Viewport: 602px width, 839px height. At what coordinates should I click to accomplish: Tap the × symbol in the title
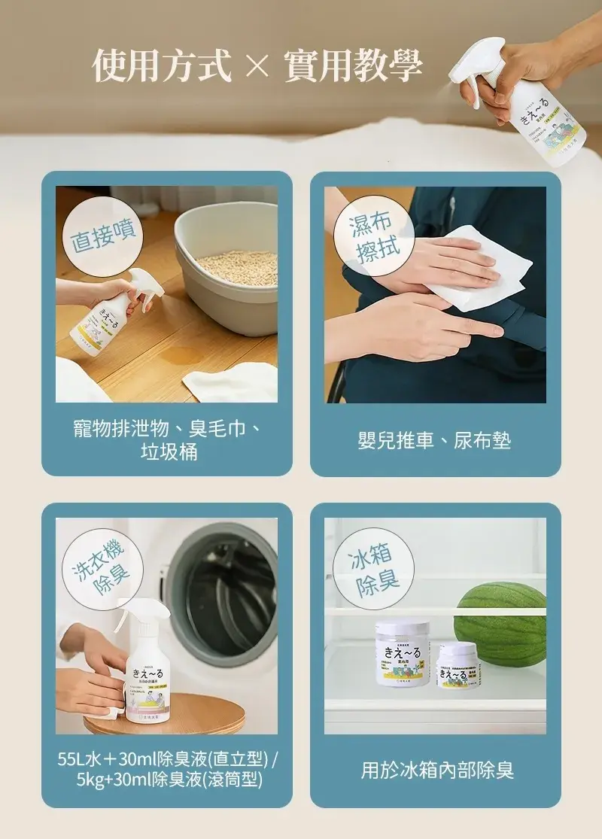pos(257,66)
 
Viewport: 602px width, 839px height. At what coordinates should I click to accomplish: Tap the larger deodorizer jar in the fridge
pos(403,652)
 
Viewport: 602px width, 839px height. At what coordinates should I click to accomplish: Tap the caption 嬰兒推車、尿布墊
pos(434,440)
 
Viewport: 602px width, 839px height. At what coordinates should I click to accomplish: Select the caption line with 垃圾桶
pos(169,451)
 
